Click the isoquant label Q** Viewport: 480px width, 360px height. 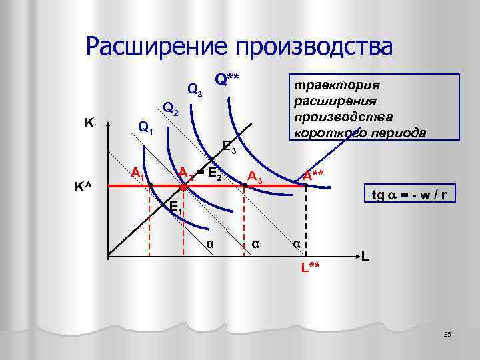227,79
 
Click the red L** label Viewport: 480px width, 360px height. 310,267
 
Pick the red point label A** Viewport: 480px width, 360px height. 313,175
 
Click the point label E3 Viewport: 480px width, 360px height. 229,147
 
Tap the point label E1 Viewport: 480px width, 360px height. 175,208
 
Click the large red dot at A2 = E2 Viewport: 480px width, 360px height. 184,189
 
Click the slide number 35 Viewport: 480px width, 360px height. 447,333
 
